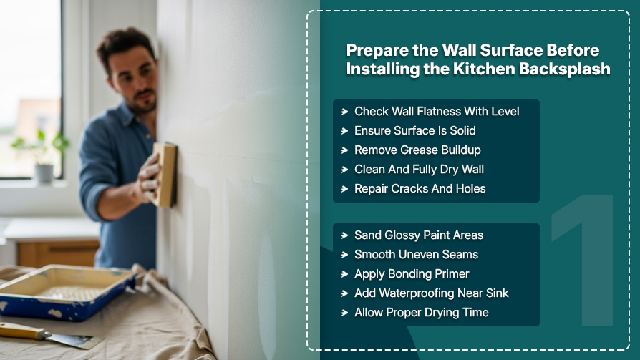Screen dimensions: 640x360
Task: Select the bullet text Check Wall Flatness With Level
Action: click(x=437, y=111)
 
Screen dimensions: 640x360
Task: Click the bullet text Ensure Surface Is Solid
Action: click(x=414, y=130)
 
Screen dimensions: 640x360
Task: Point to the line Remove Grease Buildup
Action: click(x=417, y=150)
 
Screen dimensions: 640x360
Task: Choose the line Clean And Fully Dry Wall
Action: click(x=419, y=170)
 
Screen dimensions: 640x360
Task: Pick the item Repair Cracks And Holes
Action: click(x=420, y=188)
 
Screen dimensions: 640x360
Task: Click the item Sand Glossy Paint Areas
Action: click(x=418, y=235)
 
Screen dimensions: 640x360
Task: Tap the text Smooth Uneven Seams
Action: click(x=416, y=254)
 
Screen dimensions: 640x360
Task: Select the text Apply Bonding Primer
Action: click(x=412, y=274)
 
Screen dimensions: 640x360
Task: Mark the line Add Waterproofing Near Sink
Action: click(x=431, y=293)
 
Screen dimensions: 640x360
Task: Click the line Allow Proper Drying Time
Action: click(x=421, y=313)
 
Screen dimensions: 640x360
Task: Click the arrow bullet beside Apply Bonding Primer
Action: click(x=344, y=274)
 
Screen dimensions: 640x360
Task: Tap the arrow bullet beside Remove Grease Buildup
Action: click(x=344, y=150)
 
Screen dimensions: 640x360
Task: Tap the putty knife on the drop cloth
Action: click(x=47, y=335)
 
